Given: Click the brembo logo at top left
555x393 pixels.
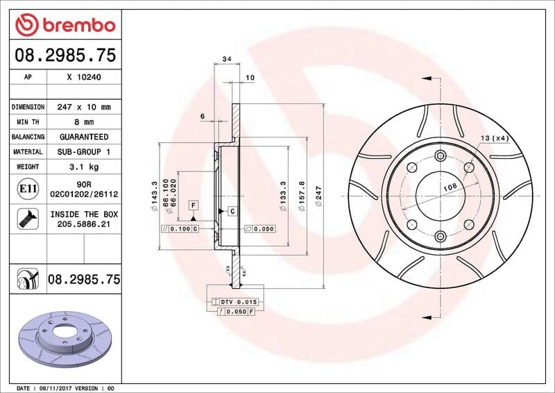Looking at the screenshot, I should tap(65, 25).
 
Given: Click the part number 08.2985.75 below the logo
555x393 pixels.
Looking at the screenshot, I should tap(65, 56).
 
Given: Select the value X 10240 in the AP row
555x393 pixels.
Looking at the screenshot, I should tap(84, 78).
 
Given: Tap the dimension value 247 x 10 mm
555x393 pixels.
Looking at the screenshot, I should tap(84, 107).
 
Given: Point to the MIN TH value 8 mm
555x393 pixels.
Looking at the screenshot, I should tap(84, 122).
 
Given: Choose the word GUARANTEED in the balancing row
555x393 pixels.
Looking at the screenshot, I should tap(84, 137).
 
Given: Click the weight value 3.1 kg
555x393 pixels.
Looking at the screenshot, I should tap(84, 167).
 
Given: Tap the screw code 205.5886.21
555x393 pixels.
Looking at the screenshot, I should tap(84, 225).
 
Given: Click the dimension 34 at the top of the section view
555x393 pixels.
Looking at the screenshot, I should tap(226, 60).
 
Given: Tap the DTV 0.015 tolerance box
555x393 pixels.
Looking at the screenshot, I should tap(235, 302).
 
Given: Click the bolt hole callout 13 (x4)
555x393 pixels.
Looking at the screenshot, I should tap(495, 139).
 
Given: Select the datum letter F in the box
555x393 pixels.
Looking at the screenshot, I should tap(192, 205).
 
